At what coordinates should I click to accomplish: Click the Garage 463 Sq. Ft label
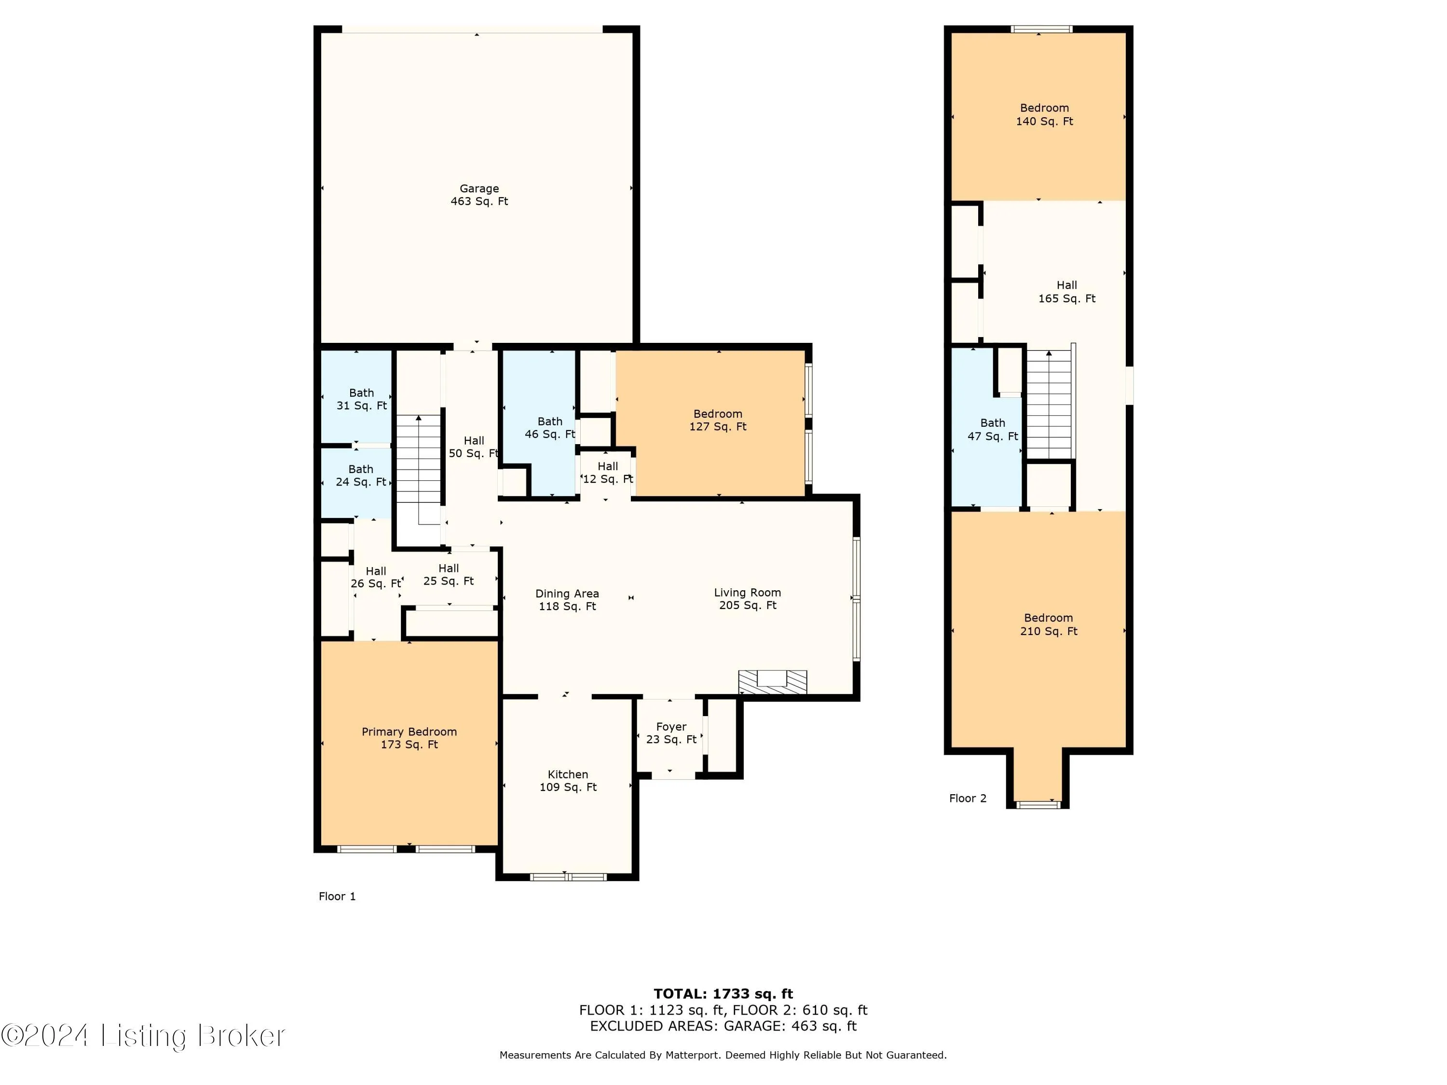(x=479, y=195)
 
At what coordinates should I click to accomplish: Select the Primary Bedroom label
(x=410, y=738)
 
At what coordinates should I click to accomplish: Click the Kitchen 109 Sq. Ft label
(x=568, y=780)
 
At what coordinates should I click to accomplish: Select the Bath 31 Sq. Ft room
(x=361, y=399)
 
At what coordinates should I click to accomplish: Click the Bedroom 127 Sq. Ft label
(x=718, y=420)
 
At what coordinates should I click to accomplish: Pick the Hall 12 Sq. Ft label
(x=608, y=472)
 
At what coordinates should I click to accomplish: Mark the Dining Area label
(x=567, y=600)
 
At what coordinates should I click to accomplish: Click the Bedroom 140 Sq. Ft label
(x=1044, y=114)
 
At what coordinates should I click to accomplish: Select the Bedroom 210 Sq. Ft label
(x=1048, y=624)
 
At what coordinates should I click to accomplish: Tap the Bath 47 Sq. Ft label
(x=992, y=429)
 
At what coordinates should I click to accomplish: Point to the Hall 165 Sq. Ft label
(x=1066, y=292)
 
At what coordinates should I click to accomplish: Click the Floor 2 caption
(x=968, y=798)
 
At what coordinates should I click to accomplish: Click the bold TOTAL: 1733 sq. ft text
(x=723, y=994)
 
